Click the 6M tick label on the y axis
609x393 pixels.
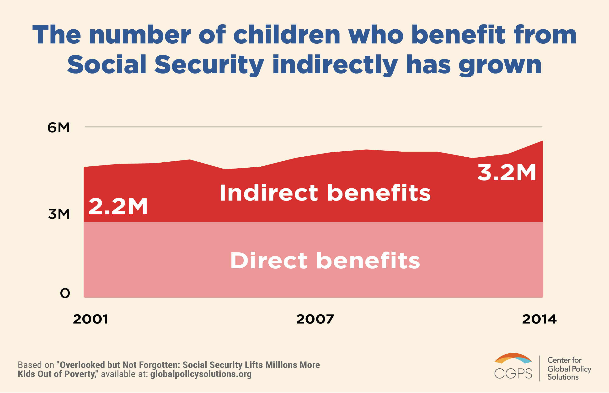[59, 127]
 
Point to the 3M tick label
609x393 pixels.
[59, 214]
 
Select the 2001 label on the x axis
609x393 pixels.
[91, 319]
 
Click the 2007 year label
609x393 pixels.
[315, 319]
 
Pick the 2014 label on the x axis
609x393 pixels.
[539, 319]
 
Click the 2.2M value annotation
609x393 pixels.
[118, 206]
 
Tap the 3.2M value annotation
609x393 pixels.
[507, 173]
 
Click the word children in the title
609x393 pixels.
[287, 35]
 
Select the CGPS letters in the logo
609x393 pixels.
[513, 374]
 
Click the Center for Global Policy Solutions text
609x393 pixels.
[569, 368]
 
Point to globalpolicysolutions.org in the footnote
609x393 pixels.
[201, 374]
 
